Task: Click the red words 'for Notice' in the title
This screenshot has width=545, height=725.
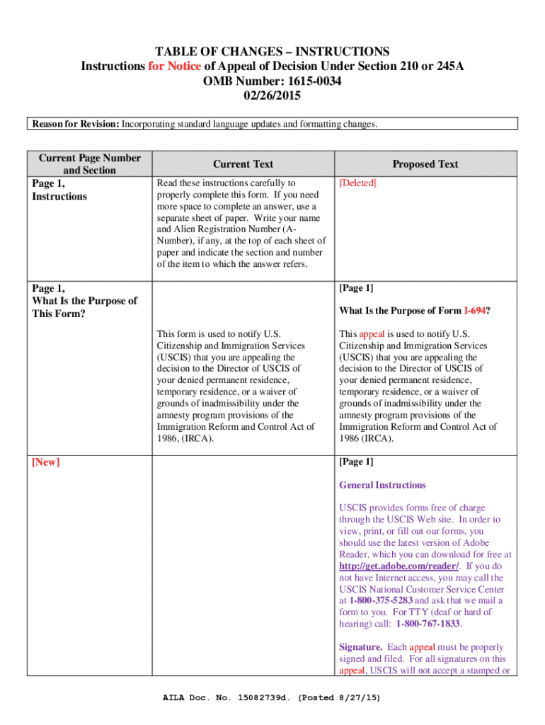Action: pos(174,67)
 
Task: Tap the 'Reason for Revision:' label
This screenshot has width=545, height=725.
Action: pos(74,125)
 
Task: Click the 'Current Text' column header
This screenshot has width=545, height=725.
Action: pos(243,164)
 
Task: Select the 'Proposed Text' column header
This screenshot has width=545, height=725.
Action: pos(425,164)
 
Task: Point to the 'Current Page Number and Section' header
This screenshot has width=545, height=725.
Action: pos(89,164)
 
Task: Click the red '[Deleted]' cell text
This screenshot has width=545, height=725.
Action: pos(358,183)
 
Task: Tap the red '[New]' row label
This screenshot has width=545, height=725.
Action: pos(46,462)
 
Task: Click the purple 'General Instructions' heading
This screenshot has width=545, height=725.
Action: pos(382,485)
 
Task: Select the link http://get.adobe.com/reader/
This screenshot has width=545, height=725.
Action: pos(399,566)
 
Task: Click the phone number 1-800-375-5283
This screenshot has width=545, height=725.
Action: pos(381,600)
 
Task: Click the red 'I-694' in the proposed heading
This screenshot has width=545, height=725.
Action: pos(474,311)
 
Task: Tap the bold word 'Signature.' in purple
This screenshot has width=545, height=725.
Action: pos(361,647)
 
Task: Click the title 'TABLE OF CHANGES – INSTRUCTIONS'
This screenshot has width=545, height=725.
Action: pos(272,52)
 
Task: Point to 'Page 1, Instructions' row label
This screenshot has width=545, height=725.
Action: pos(59,190)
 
